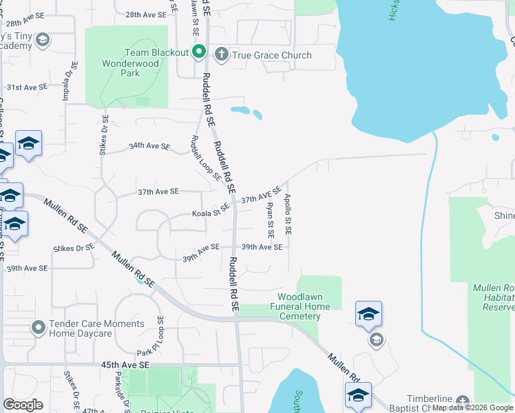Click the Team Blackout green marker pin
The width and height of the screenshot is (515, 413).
(199, 52)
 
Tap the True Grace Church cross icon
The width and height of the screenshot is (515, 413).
(222, 54)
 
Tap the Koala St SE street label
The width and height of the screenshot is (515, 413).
(211, 211)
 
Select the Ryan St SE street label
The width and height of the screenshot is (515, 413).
(271, 220)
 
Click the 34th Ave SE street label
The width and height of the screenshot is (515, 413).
(149, 146)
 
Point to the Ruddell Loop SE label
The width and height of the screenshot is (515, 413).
(205, 158)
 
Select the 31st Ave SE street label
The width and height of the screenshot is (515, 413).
(28, 87)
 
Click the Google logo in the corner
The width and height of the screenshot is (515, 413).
(23, 404)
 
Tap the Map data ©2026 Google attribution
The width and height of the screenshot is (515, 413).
(472, 407)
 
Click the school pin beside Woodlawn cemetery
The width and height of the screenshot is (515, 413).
(369, 314)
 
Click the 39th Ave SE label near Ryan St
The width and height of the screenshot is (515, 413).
(262, 247)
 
